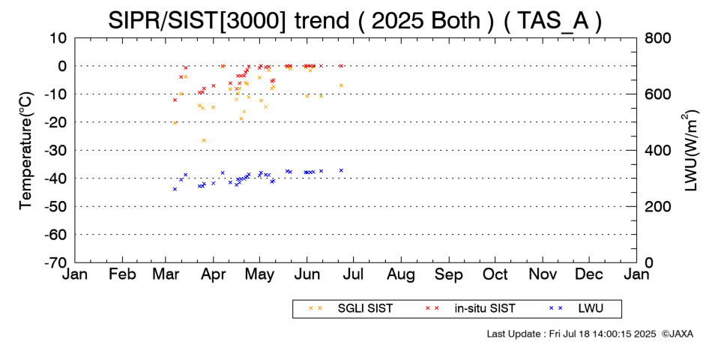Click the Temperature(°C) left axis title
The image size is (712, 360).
click(25, 150)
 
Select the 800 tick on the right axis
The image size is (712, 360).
click(657, 37)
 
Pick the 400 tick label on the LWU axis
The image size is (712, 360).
click(657, 150)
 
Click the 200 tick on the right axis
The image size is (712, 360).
click(657, 206)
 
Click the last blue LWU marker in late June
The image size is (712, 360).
click(341, 170)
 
